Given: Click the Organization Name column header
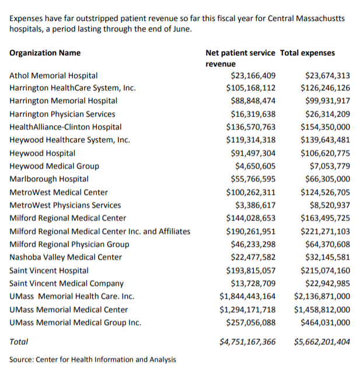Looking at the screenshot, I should [x=45, y=53].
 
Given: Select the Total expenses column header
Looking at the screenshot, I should [x=307, y=53].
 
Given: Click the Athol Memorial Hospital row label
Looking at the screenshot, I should [x=53, y=75].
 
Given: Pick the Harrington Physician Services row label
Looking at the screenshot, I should [x=62, y=114].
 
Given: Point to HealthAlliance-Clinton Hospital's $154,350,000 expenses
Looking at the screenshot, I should [x=325, y=127].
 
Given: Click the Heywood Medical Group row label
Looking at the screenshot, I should [x=54, y=166].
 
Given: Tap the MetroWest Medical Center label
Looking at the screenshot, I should [x=58, y=192].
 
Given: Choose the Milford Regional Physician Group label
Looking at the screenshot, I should [x=69, y=244].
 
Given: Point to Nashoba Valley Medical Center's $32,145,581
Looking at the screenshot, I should [x=328, y=257].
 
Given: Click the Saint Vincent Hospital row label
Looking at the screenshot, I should [x=49, y=271].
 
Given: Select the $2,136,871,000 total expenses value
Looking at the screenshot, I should [x=322, y=296].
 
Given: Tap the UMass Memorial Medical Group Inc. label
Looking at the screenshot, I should [x=75, y=323].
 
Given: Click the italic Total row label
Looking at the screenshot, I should [x=19, y=342].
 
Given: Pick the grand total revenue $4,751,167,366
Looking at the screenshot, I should [x=247, y=342].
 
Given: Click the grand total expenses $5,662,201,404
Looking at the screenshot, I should [x=322, y=342].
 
